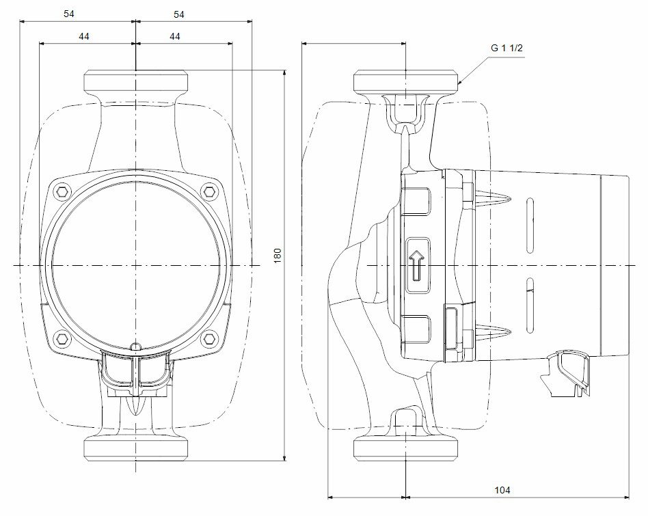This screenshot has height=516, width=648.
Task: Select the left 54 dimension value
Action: pos(68,14)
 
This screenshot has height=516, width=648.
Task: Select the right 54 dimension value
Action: pos(179,14)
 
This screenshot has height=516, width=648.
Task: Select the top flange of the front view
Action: pos(135,83)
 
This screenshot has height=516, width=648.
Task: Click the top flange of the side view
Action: pos(406,81)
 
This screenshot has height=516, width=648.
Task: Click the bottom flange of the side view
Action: pos(406,449)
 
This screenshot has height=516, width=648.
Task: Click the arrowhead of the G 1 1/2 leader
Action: pos(459,83)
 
